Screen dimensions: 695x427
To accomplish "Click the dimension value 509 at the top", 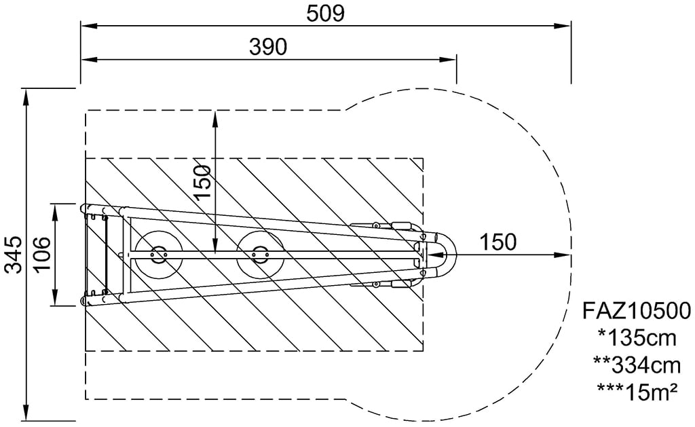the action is [325, 14].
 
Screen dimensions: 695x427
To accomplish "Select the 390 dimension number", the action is [268, 47].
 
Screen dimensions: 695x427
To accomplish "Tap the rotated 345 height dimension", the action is [14, 255].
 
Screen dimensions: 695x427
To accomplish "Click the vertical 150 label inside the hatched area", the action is [202, 182].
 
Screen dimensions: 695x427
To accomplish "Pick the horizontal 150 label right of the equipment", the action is [498, 242].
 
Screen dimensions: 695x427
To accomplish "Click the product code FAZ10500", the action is [636, 311].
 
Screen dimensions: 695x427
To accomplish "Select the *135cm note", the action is [637, 338].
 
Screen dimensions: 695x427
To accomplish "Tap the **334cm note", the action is [637, 365].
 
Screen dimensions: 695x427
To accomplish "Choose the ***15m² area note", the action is [637, 392].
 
